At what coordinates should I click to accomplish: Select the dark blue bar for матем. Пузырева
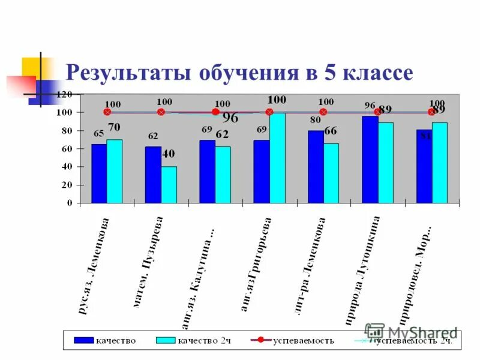(x=153, y=175)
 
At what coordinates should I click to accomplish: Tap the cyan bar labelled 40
(x=169, y=185)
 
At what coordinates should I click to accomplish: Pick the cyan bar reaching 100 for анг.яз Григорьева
(x=277, y=157)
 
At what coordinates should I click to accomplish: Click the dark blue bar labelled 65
(x=99, y=173)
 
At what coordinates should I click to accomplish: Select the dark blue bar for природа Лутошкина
(x=370, y=159)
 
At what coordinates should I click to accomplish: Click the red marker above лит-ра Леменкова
(x=323, y=112)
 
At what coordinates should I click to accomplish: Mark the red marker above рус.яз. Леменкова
(x=107, y=112)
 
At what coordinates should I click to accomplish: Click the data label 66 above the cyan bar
(x=331, y=131)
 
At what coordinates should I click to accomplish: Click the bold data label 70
(x=114, y=127)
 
